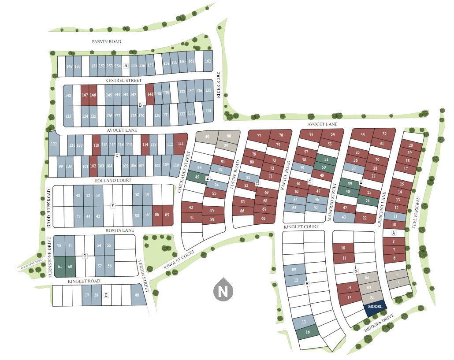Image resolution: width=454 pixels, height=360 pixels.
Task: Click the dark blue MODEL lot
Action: (375, 307)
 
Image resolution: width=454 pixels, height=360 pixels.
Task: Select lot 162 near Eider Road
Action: (208, 61)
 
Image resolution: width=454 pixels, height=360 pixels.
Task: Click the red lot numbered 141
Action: (150, 94)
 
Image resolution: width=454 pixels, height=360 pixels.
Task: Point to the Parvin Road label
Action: (106, 41)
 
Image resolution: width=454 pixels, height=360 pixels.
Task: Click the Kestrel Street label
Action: (123, 81)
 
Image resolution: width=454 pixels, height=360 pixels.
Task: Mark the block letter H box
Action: (307, 284)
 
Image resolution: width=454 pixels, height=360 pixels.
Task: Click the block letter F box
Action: (113, 205)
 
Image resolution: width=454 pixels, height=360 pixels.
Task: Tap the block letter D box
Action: (257, 183)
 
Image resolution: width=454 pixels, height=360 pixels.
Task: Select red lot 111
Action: (181, 144)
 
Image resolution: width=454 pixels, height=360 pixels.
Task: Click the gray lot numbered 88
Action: (229, 136)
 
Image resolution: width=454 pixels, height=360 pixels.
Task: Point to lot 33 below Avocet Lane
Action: (362, 134)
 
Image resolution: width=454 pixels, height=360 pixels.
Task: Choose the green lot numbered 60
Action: (70, 266)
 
